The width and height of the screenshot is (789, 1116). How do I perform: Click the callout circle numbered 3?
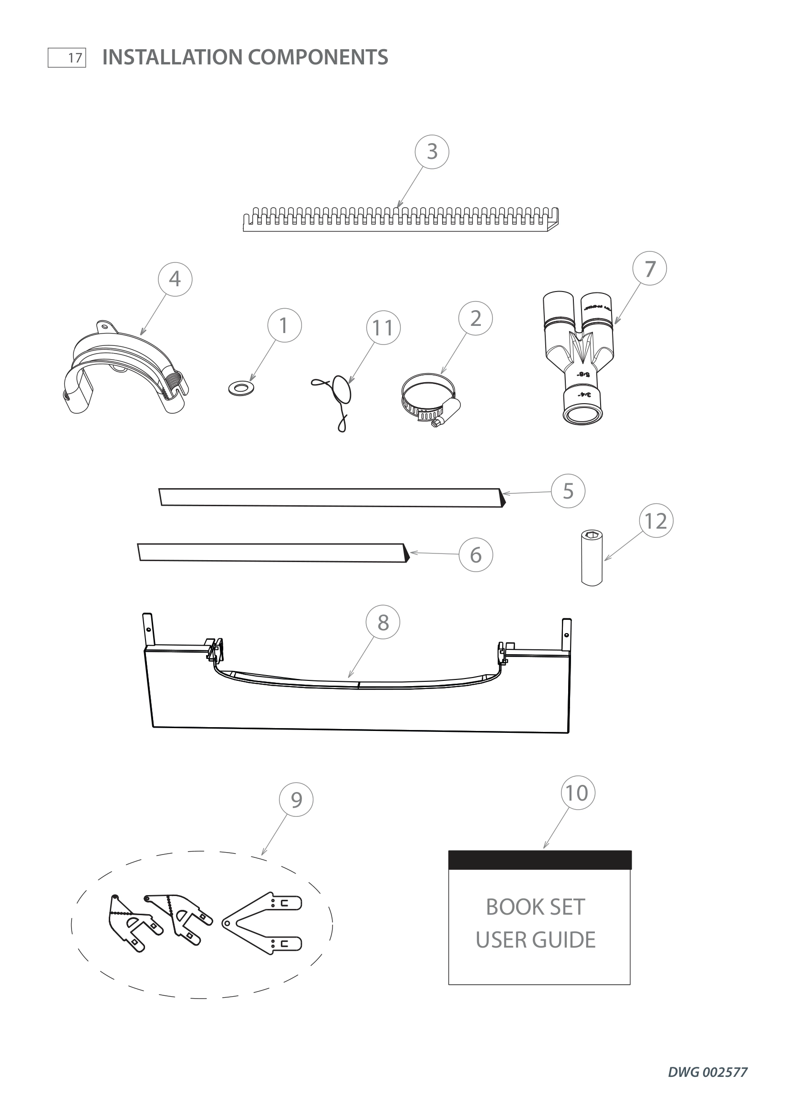[431, 152]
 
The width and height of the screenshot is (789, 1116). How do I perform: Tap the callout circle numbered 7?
[650, 268]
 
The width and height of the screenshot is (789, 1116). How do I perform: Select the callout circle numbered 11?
[383, 328]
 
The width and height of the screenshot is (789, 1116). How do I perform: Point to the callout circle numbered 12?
[656, 521]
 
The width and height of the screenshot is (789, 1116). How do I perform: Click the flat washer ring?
[243, 388]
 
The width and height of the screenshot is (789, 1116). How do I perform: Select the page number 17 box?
[67, 58]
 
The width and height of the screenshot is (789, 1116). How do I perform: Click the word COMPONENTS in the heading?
[318, 57]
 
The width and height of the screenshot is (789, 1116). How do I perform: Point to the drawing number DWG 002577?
[707, 1072]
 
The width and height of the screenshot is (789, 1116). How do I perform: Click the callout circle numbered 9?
[296, 800]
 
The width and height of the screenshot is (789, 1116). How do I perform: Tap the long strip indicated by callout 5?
[331, 497]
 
